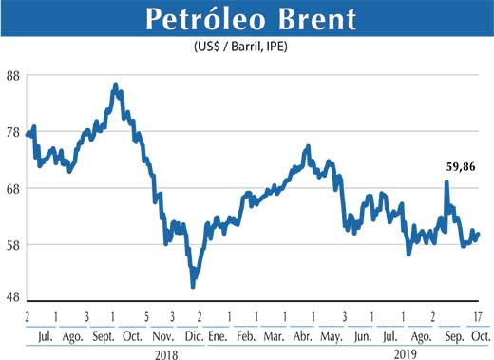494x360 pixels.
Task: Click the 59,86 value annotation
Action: [x=460, y=167]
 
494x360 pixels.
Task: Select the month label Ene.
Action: [x=218, y=336]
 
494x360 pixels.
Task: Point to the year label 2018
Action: [x=165, y=352]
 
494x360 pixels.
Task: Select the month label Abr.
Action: [x=304, y=336]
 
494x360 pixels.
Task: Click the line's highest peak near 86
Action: [x=115, y=85]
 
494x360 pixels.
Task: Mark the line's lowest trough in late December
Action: [x=194, y=285]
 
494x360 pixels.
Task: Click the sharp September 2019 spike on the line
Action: [x=446, y=182]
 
